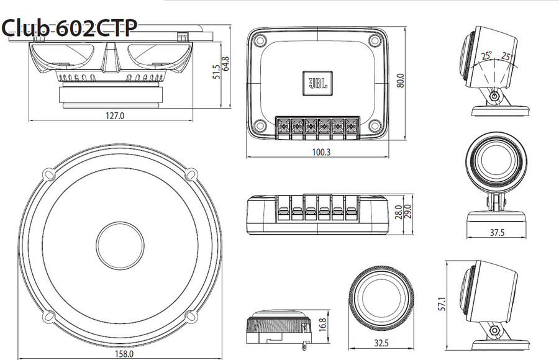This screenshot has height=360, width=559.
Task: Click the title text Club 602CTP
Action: pyautogui.click(x=69, y=27)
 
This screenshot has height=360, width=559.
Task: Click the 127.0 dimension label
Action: pyautogui.click(x=116, y=115)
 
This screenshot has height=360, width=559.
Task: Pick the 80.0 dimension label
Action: pyautogui.click(x=401, y=81)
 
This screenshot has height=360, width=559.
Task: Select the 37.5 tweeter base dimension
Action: pyautogui.click(x=498, y=233)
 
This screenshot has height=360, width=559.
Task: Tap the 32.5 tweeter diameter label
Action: pyautogui.click(x=382, y=343)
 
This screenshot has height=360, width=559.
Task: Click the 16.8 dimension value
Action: pyautogui.click(x=321, y=323)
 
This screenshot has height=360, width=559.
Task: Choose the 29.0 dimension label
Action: pyautogui.click(x=407, y=211)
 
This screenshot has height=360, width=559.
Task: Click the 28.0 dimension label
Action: pyautogui.click(x=398, y=213)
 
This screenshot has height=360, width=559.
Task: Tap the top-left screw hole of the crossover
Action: pyautogui.click(x=260, y=40)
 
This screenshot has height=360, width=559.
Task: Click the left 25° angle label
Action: pyautogui.click(x=486, y=55)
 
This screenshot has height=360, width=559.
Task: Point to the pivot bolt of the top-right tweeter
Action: pyautogui.click(x=494, y=97)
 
